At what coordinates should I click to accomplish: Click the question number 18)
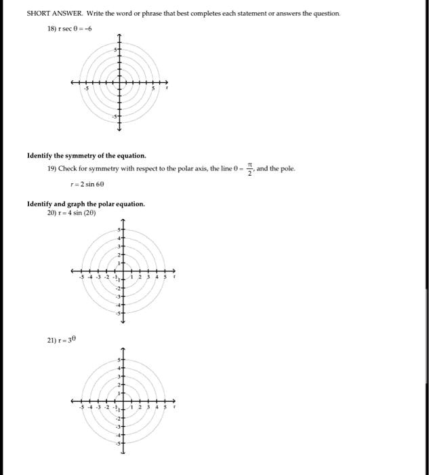pyautogui.click(x=51, y=28)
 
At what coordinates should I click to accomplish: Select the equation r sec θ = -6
pyautogui.click(x=80, y=28)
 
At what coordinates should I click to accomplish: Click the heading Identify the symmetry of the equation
pyautogui.click(x=86, y=155)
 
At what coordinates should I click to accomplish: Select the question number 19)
pyautogui.click(x=51, y=168)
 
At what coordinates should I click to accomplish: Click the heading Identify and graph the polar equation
pyautogui.click(x=86, y=204)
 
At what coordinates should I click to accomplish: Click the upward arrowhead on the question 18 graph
pyautogui.click(x=119, y=36)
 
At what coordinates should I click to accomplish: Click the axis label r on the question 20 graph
pyautogui.click(x=175, y=277)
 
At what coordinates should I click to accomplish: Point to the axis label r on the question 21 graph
pyautogui.click(x=175, y=408)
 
